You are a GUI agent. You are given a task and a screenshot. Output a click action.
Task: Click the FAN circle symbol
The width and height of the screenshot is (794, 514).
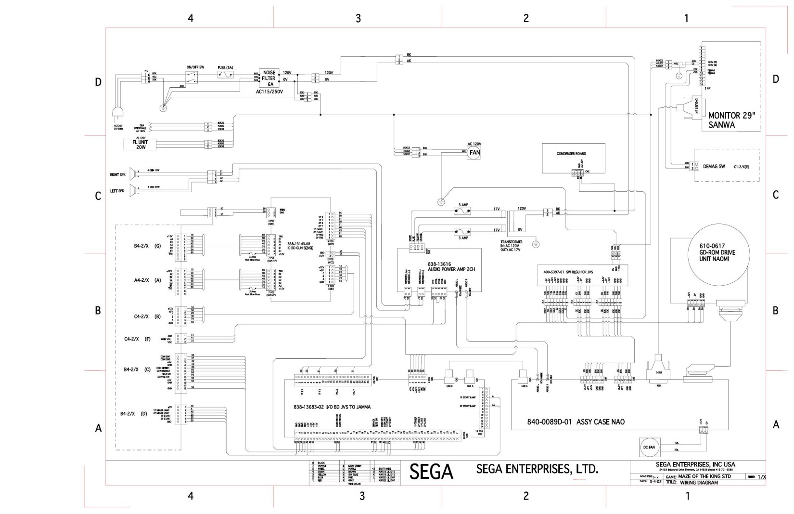(474, 152)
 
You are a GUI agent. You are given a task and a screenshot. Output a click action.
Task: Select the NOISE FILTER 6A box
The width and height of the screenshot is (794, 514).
(269, 78)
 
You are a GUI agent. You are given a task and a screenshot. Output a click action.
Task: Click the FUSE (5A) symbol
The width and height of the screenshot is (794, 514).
(226, 75)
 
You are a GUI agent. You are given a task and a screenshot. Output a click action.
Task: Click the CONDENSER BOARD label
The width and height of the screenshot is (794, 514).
(571, 154)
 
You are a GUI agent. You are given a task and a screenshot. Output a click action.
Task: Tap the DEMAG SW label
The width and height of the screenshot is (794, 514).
(714, 166)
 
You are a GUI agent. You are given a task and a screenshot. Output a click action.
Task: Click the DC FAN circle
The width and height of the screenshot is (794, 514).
(649, 447)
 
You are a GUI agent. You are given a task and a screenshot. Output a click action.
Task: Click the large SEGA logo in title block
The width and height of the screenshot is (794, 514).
(431, 472)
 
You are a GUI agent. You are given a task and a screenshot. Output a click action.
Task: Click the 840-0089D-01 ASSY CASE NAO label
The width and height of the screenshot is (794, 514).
(576, 422)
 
